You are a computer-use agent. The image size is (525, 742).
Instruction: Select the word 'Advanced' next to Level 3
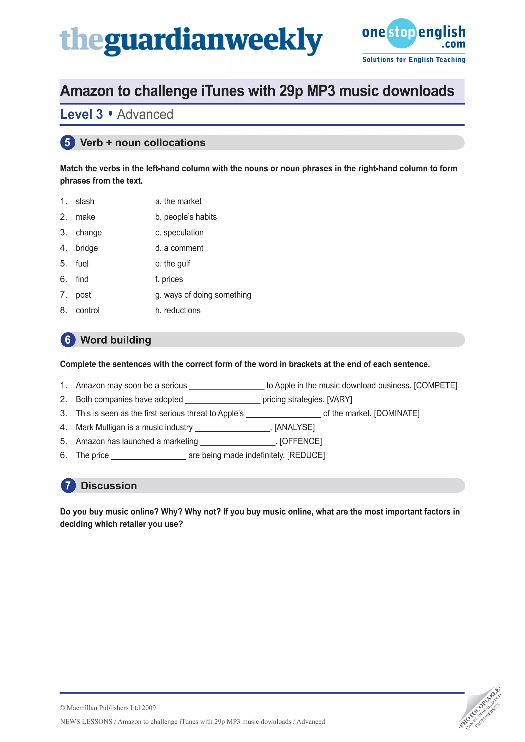(145, 115)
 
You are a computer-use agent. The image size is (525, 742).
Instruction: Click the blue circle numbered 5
(68, 142)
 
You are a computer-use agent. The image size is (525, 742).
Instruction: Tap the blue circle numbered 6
(68, 340)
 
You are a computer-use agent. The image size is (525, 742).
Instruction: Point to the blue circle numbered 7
(68, 486)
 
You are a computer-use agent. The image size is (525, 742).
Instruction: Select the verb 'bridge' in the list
(87, 248)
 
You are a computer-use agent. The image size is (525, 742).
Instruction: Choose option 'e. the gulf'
(173, 264)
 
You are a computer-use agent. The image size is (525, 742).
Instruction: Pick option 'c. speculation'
(179, 233)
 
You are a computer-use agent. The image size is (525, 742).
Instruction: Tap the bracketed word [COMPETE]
(436, 386)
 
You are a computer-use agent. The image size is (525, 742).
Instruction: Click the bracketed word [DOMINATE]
(397, 413)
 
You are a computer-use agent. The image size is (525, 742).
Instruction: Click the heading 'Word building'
(116, 340)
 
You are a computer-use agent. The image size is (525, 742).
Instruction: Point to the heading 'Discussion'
(109, 486)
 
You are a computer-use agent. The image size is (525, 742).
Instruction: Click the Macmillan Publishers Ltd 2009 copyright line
(108, 708)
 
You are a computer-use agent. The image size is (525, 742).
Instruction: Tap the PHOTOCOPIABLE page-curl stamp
(480, 708)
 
